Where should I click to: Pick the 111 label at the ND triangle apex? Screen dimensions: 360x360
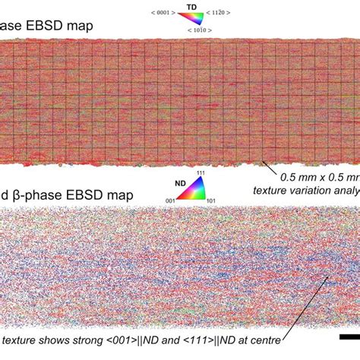[x=200, y=172]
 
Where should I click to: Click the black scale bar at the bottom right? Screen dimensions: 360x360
[x=349, y=336]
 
